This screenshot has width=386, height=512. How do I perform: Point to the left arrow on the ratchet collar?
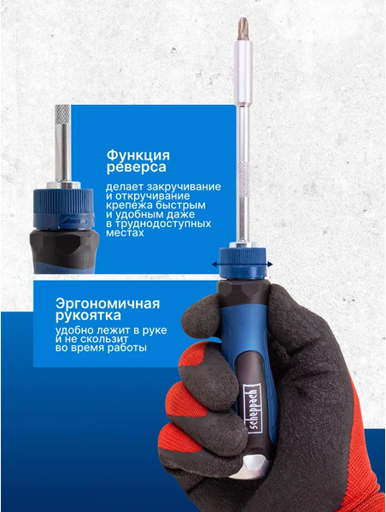pos(215,265)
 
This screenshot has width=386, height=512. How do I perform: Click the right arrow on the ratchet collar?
pos(271,265)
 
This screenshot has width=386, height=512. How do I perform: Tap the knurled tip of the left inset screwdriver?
pos(61,114)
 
